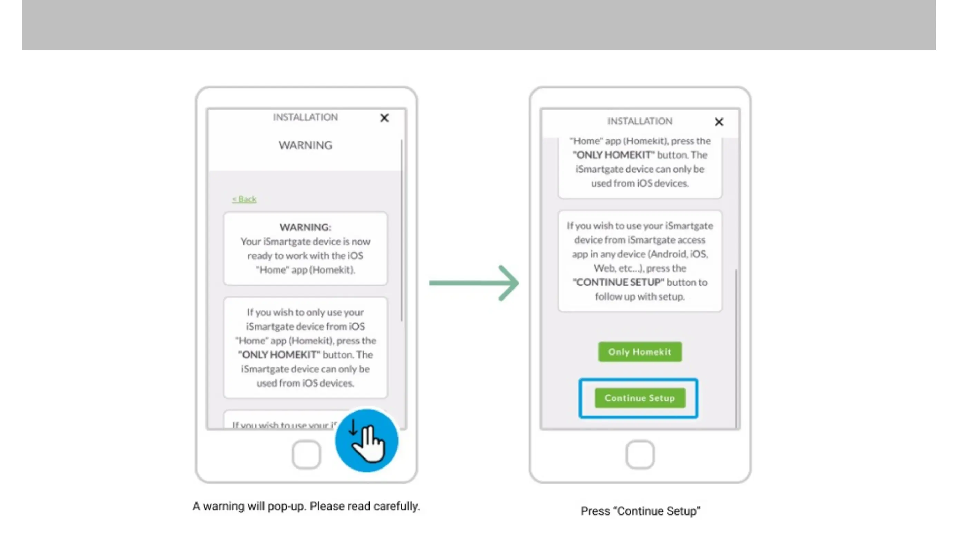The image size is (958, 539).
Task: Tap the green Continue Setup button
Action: point(640,398)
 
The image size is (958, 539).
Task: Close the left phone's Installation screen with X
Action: point(384,118)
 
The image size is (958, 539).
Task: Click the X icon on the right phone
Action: point(718,122)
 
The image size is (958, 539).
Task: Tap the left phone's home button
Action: point(306,455)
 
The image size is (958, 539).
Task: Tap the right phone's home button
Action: point(640,455)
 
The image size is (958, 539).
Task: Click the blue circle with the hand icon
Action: point(366,441)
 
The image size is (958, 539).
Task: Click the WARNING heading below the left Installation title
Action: point(305,145)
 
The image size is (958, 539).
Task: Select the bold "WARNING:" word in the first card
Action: point(305,227)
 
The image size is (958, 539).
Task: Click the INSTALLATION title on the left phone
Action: point(305,117)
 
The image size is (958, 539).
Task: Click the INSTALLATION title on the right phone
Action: point(640,121)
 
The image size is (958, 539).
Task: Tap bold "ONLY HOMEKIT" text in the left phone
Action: point(279,355)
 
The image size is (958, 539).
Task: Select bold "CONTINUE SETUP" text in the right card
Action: point(618,282)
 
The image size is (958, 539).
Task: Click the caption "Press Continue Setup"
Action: point(640,511)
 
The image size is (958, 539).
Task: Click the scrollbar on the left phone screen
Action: point(402,230)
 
